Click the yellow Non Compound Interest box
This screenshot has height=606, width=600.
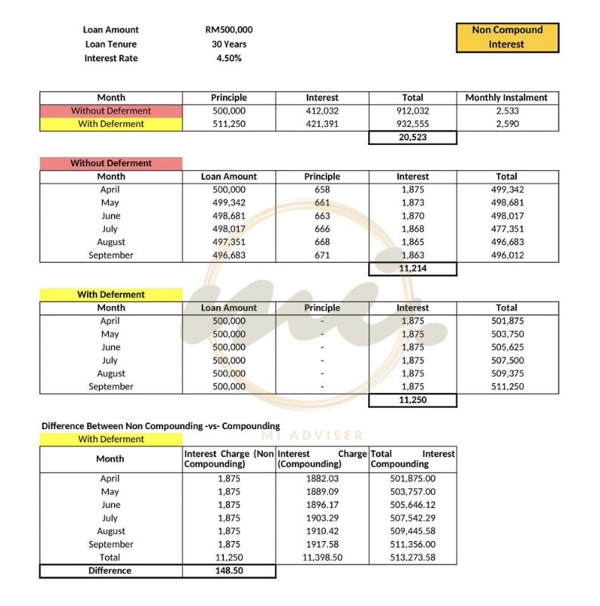click(507, 37)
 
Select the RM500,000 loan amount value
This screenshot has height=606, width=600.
click(228, 30)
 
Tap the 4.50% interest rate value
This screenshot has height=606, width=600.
click(228, 59)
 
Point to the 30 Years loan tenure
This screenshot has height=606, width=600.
click(228, 45)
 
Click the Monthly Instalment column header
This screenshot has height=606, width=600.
click(506, 97)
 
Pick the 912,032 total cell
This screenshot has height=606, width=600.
click(413, 111)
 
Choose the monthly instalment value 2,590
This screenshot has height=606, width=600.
click(506, 124)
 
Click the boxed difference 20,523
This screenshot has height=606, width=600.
click(413, 138)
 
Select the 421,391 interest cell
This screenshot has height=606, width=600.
click(322, 124)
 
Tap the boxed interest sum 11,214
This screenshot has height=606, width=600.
click(413, 268)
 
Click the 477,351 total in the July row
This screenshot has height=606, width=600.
click(506, 229)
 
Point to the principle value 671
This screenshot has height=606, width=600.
click(322, 255)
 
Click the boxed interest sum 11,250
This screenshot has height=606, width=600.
click(413, 400)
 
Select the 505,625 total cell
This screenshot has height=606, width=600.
click(506, 347)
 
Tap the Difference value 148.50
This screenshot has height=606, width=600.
click(228, 571)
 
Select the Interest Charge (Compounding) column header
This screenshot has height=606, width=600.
click(322, 459)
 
